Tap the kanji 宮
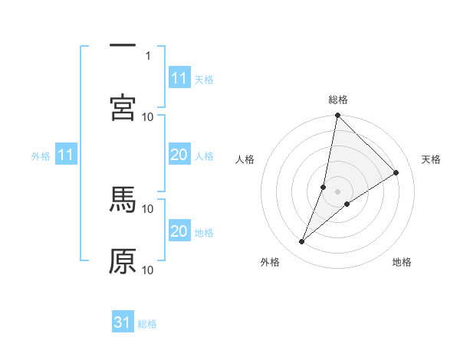(x=123, y=107)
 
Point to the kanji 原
(x=123, y=261)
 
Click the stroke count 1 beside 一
(x=148, y=55)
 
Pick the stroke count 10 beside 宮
(x=148, y=116)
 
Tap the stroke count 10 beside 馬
(x=148, y=208)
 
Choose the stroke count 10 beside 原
(x=148, y=270)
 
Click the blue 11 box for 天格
(x=179, y=79)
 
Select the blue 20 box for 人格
(x=179, y=155)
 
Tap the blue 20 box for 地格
(x=179, y=231)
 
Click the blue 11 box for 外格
(x=66, y=155)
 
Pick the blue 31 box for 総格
(x=123, y=322)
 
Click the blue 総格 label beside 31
(x=147, y=324)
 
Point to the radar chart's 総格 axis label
(x=338, y=100)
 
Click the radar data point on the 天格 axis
(x=396, y=173)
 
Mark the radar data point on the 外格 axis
(x=302, y=242)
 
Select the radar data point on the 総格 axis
(x=338, y=116)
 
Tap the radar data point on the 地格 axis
(x=347, y=204)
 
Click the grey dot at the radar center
(x=338, y=191)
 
